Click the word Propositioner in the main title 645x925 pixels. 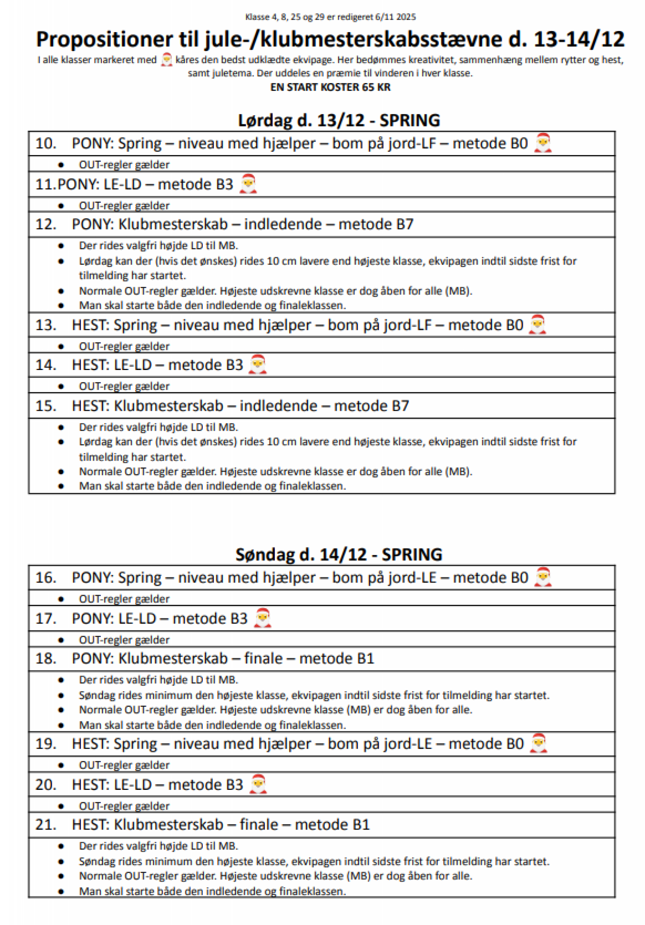pyautogui.click(x=104, y=39)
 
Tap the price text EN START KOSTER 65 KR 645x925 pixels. pyautogui.click(x=330, y=87)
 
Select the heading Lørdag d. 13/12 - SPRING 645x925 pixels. pyautogui.click(x=339, y=120)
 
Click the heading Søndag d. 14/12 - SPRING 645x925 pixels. pyautogui.click(x=339, y=555)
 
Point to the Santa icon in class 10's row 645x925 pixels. pyautogui.click(x=542, y=143)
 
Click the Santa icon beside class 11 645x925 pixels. pyautogui.click(x=248, y=184)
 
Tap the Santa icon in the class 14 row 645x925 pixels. pyautogui.click(x=257, y=365)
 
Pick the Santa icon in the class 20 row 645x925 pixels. pyautogui.click(x=258, y=784)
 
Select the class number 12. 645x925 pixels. pyautogui.click(x=46, y=224)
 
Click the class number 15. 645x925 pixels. pyautogui.click(x=46, y=406)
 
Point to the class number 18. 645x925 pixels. pyautogui.click(x=46, y=658)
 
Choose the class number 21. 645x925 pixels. pyautogui.click(x=46, y=825)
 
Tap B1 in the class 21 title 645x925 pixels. pyautogui.click(x=361, y=825)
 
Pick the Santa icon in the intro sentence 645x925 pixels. pyautogui.click(x=166, y=60)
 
